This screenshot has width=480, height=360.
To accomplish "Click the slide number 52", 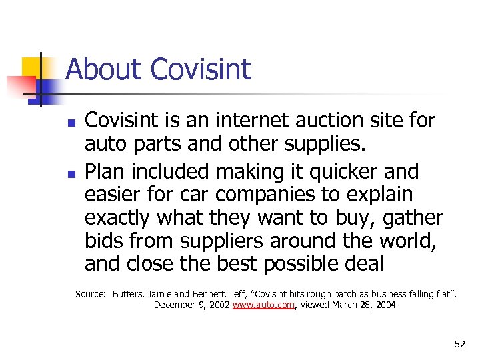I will pos(459,344).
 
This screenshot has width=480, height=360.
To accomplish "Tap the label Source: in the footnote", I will pos(91,294).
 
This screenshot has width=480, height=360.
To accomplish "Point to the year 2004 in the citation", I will pos(384,305).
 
